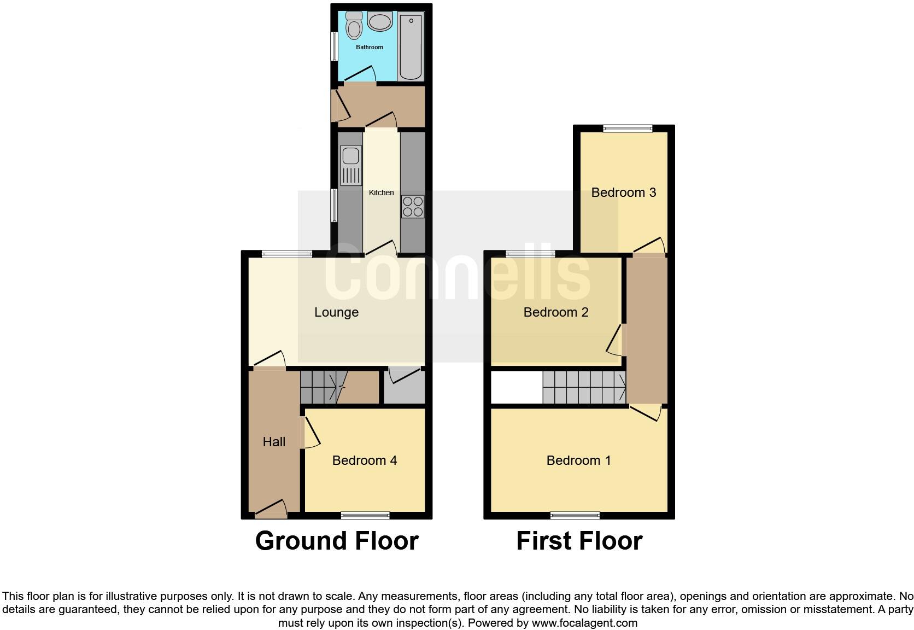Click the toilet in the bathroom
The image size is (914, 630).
(354, 26)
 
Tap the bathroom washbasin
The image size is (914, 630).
(379, 22)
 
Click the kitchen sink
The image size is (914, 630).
(350, 165)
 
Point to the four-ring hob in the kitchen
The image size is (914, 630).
(413, 207)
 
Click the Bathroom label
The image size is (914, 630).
(370, 47)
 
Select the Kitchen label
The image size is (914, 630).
(381, 192)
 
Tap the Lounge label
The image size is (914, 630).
(336, 312)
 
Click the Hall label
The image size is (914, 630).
(274, 442)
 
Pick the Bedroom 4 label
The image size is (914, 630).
(365, 460)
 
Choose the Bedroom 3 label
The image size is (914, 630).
(624, 192)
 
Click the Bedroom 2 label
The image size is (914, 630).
(556, 312)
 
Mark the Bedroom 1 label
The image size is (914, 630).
(579, 460)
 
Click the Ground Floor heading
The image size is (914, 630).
(337, 541)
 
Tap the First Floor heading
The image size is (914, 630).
(579, 541)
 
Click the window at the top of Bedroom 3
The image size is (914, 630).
(628, 129)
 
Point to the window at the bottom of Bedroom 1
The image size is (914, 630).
(575, 515)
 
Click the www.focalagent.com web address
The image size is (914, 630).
(584, 623)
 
